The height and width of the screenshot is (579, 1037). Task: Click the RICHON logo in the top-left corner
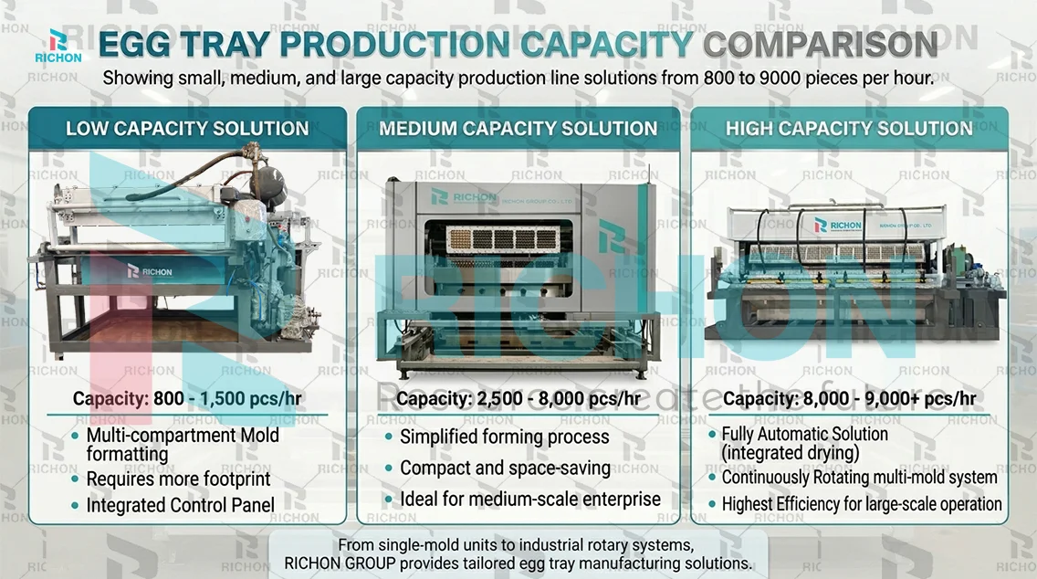click(x=65, y=46)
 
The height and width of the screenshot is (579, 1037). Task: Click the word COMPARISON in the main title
click(x=821, y=45)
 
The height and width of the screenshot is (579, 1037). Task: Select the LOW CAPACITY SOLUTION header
click(x=187, y=128)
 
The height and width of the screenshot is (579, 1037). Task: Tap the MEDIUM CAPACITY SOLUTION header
click(x=518, y=128)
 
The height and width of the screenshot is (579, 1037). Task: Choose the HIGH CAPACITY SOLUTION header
click(x=849, y=128)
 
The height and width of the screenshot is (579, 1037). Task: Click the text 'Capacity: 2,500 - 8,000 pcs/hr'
click(x=518, y=399)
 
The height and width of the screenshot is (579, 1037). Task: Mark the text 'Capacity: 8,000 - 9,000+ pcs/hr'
click(x=849, y=399)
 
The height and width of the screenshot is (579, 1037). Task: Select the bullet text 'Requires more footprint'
click(x=178, y=479)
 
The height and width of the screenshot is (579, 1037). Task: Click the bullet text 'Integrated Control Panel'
click(x=180, y=504)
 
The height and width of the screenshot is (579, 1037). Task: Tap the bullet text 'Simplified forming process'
click(x=504, y=437)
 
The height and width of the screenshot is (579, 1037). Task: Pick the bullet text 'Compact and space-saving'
click(x=505, y=468)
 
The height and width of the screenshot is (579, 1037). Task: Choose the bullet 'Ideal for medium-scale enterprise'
click(x=529, y=500)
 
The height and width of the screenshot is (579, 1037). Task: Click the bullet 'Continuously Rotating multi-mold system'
click(x=859, y=477)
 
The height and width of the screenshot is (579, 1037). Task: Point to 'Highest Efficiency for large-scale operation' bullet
click(x=862, y=504)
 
